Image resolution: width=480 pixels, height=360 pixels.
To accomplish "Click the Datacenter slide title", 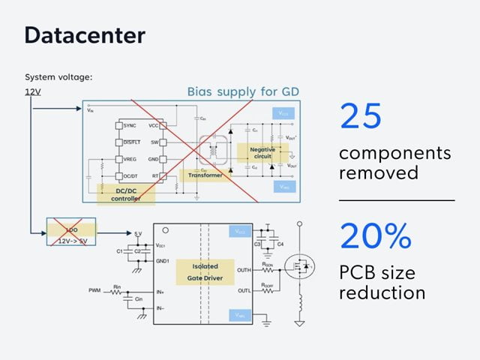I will tap(85, 34).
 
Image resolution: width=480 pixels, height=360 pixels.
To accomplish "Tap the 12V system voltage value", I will tap(34, 92).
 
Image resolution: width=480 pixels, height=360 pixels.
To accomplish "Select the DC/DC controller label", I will tap(126, 193).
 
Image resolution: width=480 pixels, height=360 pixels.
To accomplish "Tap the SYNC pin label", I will tap(130, 124).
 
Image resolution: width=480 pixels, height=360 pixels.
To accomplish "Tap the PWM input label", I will tap(95, 289).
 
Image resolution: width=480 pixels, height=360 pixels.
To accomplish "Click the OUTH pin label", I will tap(243, 271).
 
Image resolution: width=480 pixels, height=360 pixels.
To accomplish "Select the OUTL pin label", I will tap(243, 290).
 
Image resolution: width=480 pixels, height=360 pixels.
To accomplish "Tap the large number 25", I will tap(361, 116).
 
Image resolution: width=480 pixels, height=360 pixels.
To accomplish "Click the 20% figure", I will tap(376, 235).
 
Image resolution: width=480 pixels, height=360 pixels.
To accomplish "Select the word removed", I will tap(376, 172).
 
